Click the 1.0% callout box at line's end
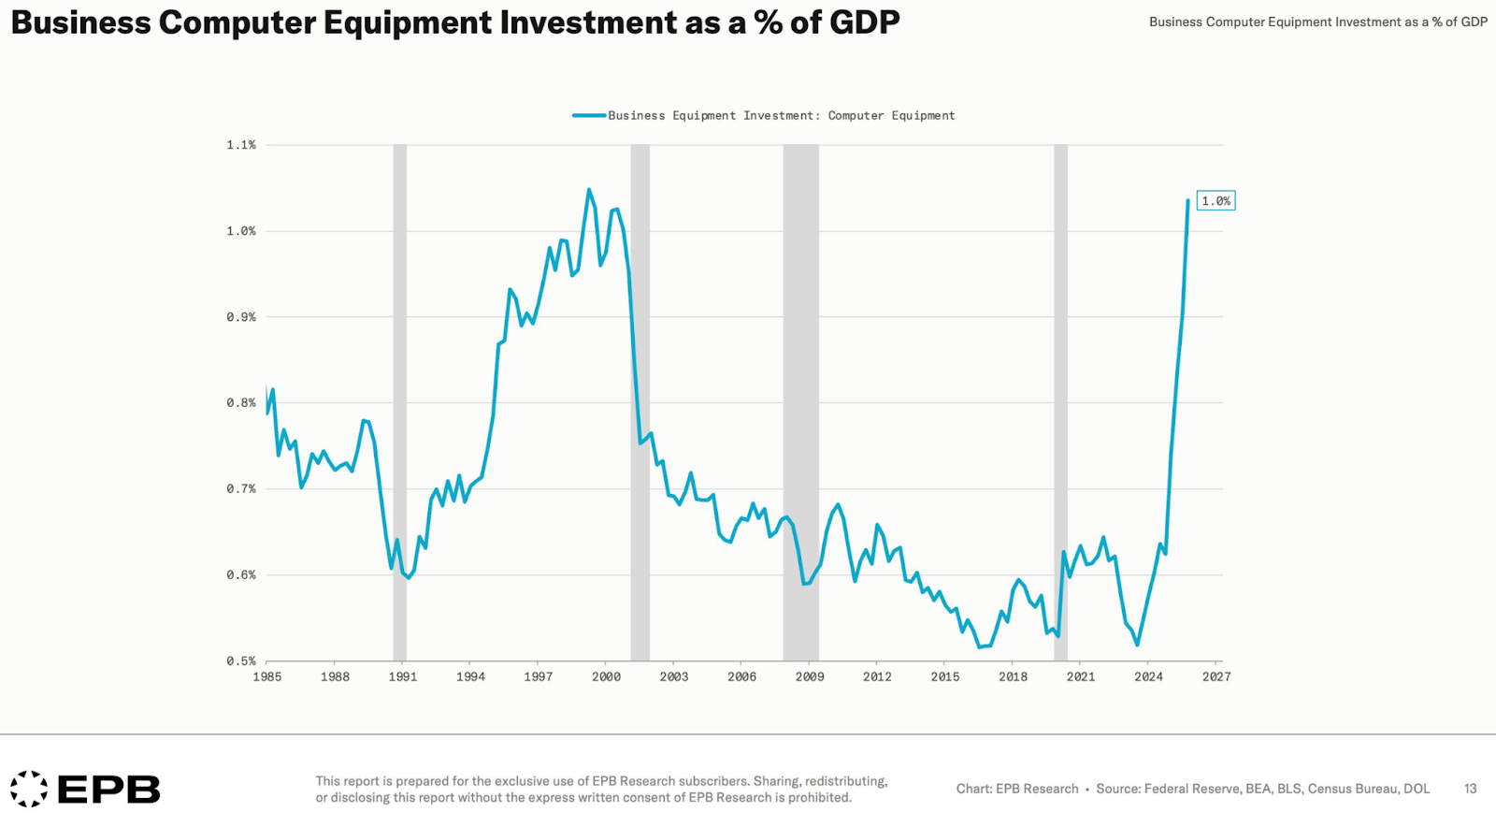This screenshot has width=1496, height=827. (x=1215, y=201)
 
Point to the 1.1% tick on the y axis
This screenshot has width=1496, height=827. (x=240, y=145)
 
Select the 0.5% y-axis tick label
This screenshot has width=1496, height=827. (x=240, y=661)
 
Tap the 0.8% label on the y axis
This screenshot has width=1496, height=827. (x=240, y=403)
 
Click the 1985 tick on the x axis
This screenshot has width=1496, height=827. (x=266, y=677)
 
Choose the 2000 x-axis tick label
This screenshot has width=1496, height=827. (x=606, y=677)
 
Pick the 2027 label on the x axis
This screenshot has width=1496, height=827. (x=1216, y=677)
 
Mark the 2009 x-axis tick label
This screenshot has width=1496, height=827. (x=810, y=677)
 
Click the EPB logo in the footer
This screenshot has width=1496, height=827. (x=86, y=790)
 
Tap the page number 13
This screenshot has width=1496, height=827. (x=1470, y=790)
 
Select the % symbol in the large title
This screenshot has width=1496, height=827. (x=768, y=22)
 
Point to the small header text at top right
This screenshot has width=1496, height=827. (x=1317, y=22)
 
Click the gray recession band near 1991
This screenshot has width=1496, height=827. (x=399, y=402)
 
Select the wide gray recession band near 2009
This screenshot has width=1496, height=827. (x=800, y=402)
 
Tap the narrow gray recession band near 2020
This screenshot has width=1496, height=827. (x=1060, y=402)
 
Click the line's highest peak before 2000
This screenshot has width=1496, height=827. (x=589, y=190)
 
